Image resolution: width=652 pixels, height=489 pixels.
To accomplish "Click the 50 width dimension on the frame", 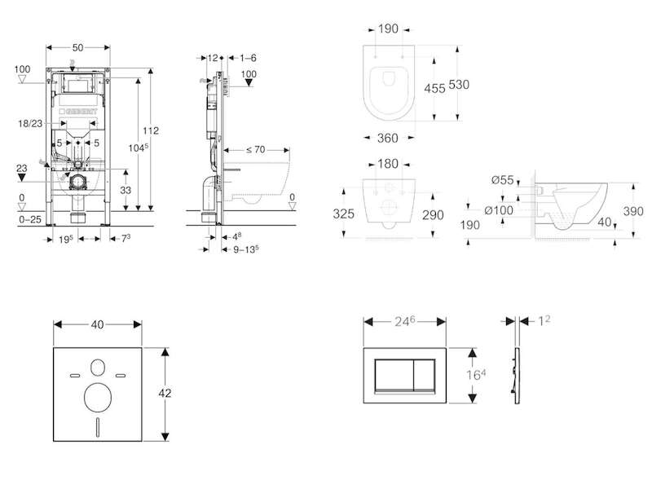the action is tap(77, 47).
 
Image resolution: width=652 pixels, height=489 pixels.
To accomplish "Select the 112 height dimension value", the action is tap(151, 130).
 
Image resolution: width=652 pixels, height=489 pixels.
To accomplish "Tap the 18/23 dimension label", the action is tap(30, 124).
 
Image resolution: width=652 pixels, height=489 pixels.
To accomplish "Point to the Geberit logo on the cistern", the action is tap(78, 112).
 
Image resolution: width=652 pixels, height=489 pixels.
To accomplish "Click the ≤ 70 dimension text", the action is tap(255, 149).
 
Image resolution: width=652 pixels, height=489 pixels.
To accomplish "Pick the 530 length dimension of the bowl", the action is tap(459, 85).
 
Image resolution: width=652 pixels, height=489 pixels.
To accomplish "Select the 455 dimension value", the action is tap(434, 88).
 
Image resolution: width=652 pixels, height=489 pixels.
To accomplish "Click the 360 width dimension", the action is tap(388, 138).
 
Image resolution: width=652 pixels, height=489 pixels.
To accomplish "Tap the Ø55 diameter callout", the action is tap(503, 179).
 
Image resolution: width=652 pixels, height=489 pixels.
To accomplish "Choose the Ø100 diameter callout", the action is tap(499, 210).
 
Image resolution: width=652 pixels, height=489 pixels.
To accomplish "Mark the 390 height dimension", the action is tap(633, 211).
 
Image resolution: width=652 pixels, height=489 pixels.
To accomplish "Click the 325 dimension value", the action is tap(343, 214).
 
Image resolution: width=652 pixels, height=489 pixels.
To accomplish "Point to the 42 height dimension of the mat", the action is tap(165, 393).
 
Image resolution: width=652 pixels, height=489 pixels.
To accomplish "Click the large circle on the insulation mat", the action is tap(98, 398).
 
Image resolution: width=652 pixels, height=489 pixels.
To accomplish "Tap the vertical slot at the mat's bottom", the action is tap(98, 426).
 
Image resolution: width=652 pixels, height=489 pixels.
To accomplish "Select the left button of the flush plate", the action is tap(394, 375).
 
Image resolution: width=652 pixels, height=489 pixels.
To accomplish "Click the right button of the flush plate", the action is tap(425, 375).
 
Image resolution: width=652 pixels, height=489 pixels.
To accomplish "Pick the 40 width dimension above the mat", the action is tap(97, 324).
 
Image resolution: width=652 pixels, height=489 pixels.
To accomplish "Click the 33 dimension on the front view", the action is tap(126, 190).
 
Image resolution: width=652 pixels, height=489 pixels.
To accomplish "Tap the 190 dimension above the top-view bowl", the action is tap(389, 29).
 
